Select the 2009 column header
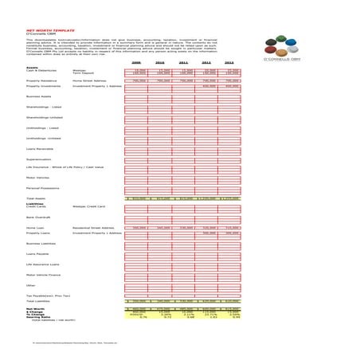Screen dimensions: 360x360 pos(136,61)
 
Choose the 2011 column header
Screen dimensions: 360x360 pos(184,61)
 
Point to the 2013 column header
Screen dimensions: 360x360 pos(230,61)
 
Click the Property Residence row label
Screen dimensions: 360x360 pos(45,80)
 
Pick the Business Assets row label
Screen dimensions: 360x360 pos(41,96)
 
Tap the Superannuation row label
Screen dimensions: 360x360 pos(39,158)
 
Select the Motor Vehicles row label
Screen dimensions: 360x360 pos(39,177)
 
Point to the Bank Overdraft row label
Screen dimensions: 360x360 pos(38,217)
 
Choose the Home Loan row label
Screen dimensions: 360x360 pos(35,228)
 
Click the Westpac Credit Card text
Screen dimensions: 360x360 pos(89,206)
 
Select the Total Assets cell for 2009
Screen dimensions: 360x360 pos(136,198)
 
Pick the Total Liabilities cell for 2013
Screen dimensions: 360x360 pos(230,301)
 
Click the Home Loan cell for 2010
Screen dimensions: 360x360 pos(160,228)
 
